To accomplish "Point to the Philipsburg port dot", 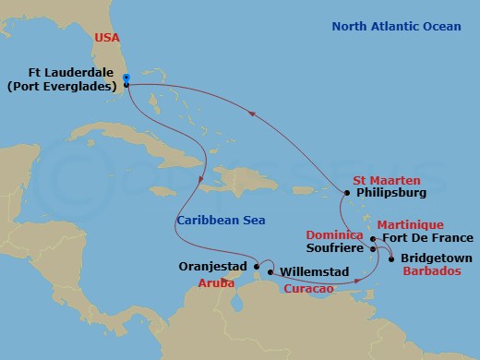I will [x=345, y=193].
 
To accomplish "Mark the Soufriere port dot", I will [x=372, y=248].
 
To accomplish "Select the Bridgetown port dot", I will [x=391, y=259].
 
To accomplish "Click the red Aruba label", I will [x=216, y=284].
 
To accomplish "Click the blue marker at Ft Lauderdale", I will [x=126, y=78].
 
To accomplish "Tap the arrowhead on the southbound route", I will [x=201, y=179].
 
